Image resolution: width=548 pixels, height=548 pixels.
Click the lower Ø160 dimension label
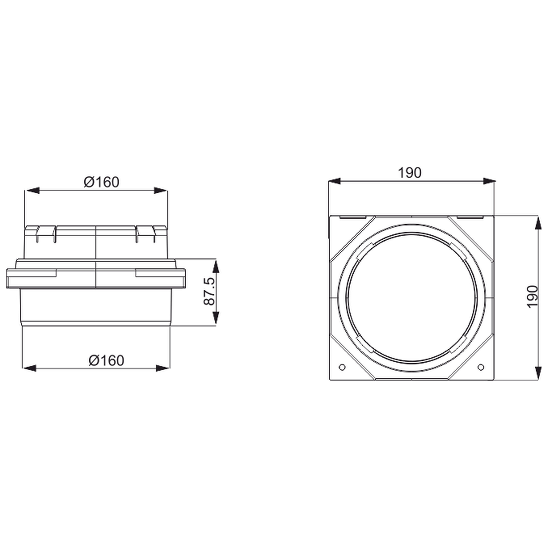click(106, 360)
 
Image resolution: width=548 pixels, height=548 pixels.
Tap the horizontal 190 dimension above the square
click(410, 173)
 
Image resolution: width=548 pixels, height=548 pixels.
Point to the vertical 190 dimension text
click(533, 296)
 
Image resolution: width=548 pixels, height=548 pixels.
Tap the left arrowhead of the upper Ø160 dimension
click(32, 190)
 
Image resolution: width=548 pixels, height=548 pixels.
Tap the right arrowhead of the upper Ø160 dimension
click(161, 190)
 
